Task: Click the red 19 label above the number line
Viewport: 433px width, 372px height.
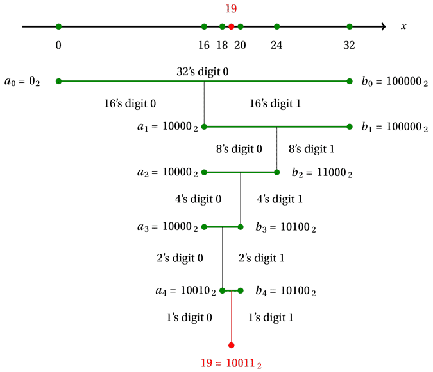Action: point(231,8)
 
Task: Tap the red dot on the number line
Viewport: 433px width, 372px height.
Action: point(231,26)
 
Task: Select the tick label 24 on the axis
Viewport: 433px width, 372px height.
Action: point(276,45)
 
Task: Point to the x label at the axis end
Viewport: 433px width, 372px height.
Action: point(403,26)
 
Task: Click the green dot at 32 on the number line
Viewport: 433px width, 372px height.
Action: point(350,26)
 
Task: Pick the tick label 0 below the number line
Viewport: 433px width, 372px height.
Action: point(58,45)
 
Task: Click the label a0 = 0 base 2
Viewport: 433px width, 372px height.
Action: point(22,82)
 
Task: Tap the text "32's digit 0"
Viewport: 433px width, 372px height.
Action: point(203,71)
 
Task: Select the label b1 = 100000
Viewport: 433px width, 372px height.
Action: point(395,127)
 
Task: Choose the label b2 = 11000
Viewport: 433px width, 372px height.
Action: point(322,173)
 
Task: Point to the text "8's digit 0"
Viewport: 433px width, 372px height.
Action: point(239,149)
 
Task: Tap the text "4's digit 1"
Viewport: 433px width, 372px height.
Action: point(279,199)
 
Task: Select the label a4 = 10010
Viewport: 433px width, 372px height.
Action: point(184,291)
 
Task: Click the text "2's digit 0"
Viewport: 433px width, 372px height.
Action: point(180,258)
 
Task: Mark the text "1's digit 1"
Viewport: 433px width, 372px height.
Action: point(271,317)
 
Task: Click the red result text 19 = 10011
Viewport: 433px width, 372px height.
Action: point(231,363)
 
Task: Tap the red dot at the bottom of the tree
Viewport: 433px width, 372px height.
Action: point(232,345)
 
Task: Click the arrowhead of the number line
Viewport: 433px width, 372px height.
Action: point(383,26)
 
